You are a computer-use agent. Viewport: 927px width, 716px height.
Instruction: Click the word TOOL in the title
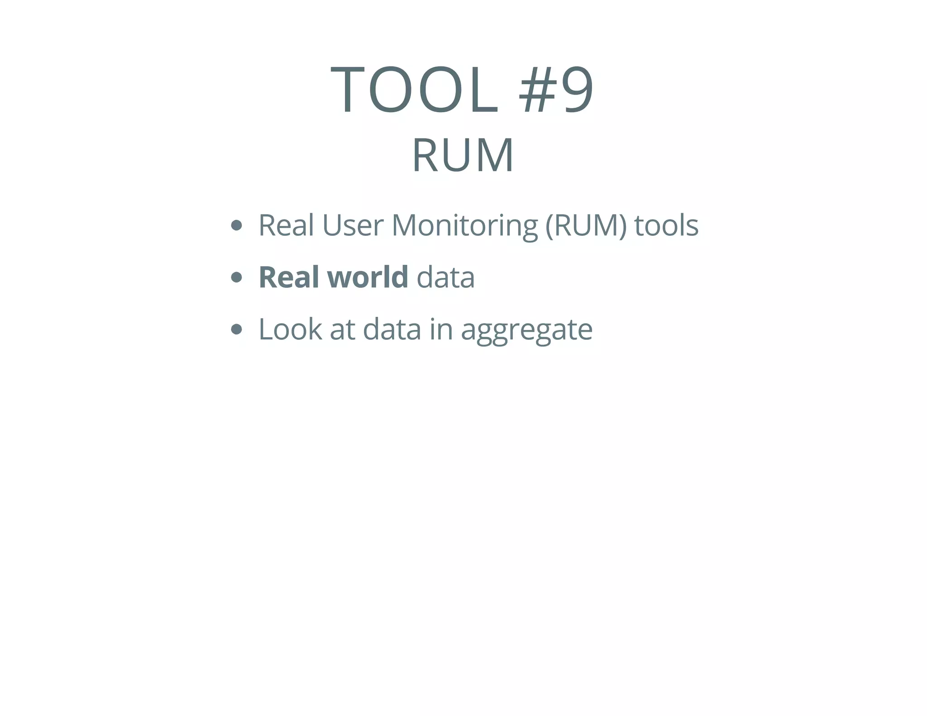[414, 89]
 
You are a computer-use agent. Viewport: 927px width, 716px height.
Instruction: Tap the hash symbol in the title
[537, 89]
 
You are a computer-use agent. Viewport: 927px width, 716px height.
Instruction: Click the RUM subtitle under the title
[463, 155]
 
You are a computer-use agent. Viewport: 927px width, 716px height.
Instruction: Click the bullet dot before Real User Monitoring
[236, 225]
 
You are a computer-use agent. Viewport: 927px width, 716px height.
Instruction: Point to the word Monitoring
[464, 225]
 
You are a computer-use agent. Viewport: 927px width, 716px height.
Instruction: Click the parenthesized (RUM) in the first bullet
[586, 225]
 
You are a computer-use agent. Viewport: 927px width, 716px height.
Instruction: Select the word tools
[666, 225]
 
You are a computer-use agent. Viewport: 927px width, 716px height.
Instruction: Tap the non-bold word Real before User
[286, 225]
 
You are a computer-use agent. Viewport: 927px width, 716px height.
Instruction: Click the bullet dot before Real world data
[236, 277]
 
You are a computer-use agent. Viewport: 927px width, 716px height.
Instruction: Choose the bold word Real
[288, 277]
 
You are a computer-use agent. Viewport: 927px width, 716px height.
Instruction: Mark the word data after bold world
[445, 277]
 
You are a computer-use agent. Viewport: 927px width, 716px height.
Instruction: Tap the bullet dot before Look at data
[236, 329]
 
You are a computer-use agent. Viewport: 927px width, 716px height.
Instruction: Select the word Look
[290, 329]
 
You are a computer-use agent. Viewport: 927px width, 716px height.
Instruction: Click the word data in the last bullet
[392, 329]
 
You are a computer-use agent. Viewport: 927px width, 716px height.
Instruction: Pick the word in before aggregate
[441, 329]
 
